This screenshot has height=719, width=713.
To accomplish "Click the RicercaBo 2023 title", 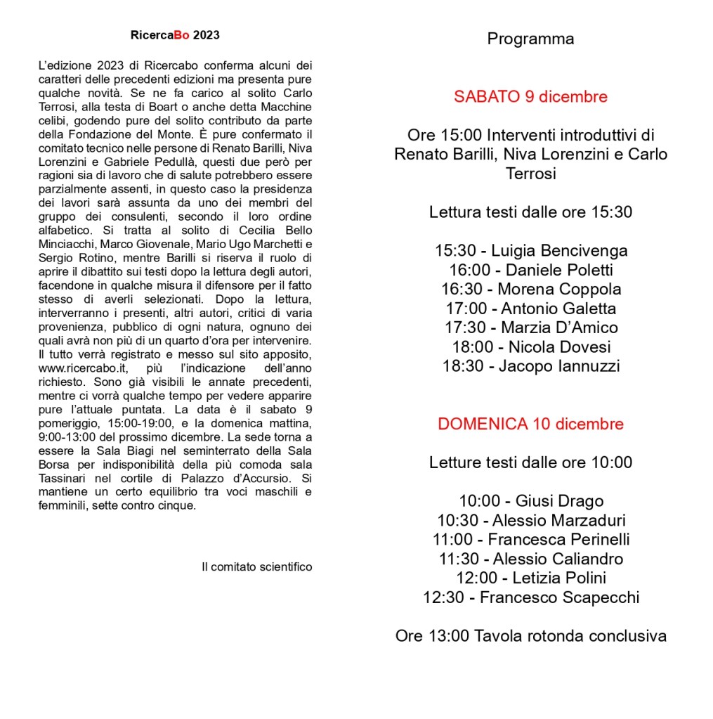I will tap(175, 35).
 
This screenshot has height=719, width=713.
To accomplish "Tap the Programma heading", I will tap(530, 39).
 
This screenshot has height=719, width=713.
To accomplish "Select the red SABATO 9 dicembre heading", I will tap(530, 96).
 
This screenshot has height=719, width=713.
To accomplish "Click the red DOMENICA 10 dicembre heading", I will tap(530, 424).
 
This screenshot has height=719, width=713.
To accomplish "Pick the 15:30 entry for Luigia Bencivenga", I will tap(530, 251).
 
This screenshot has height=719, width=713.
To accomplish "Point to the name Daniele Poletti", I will tap(560, 270).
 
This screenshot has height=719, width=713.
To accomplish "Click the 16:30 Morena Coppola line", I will tap(530, 289).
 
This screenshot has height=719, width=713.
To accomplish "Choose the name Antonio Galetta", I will tap(558, 308).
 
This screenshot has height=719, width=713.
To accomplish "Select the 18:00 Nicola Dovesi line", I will tap(530, 346).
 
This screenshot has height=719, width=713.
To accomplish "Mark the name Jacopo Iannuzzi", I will tap(559, 365).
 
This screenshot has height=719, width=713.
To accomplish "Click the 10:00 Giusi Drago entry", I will tap(530, 501).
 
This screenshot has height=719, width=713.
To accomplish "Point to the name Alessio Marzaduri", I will tap(558, 521).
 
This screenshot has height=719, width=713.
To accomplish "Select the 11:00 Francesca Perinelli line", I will tap(530, 540).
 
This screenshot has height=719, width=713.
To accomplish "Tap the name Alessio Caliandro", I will tap(558, 559).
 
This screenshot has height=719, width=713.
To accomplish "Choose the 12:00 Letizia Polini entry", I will tap(530, 578).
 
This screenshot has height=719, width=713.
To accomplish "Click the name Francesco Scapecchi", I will tap(559, 597).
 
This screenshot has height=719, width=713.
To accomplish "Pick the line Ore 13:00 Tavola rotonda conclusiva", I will tap(530, 637).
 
